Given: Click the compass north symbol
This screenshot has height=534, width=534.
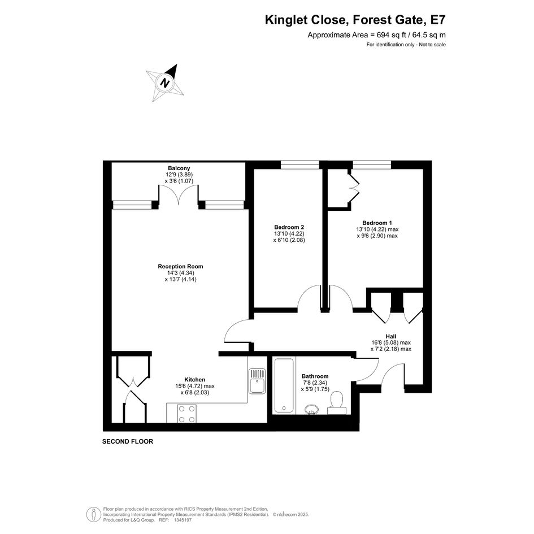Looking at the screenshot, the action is tap(165, 83).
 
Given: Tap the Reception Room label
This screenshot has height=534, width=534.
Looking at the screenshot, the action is tap(180, 266).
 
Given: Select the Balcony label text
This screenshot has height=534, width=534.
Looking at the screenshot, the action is tap(179, 168).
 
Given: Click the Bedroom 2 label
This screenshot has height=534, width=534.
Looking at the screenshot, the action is tap(289, 227).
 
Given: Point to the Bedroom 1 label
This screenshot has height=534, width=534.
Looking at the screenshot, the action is tap(377, 223).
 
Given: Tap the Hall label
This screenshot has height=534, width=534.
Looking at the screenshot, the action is tap(391, 336).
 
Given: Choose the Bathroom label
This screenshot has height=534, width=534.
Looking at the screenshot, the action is tap(315, 376).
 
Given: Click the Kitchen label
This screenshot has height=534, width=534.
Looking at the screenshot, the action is tap(195, 379).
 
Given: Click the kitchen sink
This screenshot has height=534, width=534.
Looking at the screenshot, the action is tap(257, 381).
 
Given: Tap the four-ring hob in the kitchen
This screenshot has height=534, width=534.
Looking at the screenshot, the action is tap(186, 414).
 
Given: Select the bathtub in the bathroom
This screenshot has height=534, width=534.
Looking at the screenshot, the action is tap(284, 385).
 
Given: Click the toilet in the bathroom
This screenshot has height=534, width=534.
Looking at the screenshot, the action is tap(336, 403).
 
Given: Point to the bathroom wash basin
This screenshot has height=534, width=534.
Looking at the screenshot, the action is tap(311, 409).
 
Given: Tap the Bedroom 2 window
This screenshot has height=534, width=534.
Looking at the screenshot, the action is tap(300, 165).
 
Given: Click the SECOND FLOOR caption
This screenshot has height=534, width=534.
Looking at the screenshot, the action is tap(128, 441).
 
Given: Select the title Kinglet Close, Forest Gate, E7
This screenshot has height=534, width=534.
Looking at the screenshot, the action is tap(355, 20).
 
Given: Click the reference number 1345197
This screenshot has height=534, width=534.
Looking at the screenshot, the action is tap(183, 520).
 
